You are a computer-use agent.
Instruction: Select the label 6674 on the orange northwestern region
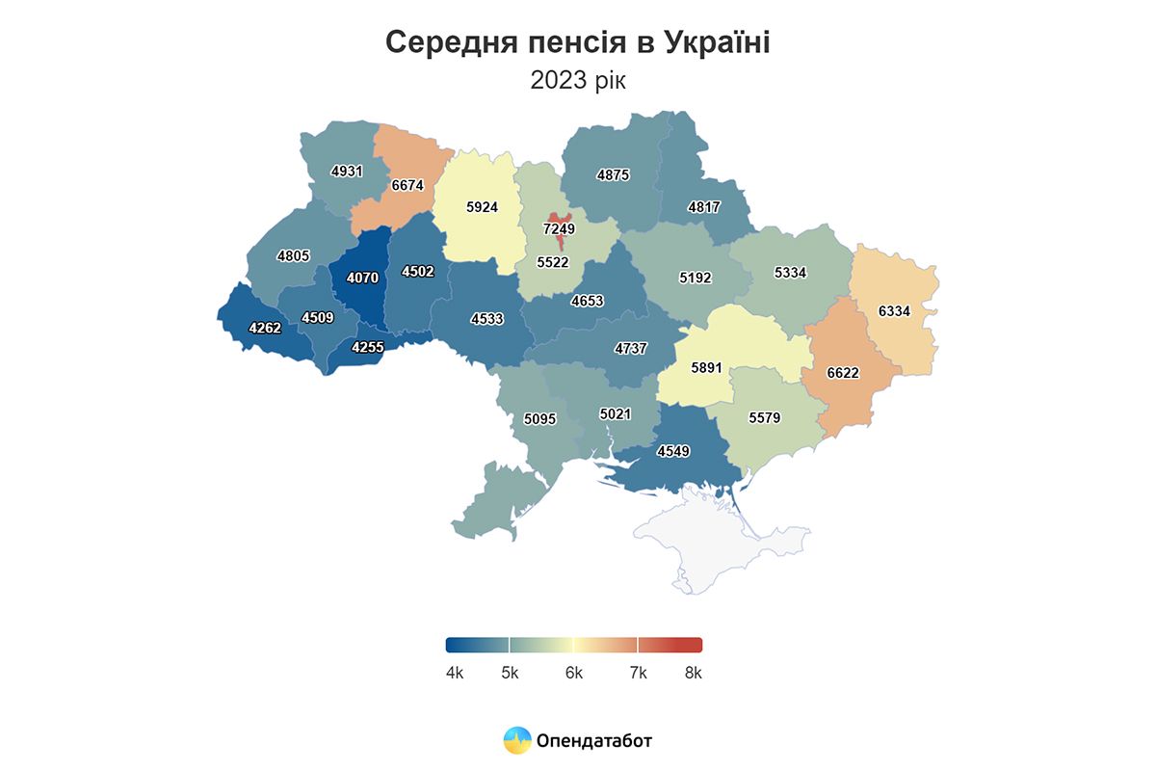pyautogui.click(x=407, y=184)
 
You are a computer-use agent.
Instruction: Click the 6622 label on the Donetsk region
pyautogui.click(x=843, y=373)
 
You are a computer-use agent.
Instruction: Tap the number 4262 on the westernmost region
pyautogui.click(x=265, y=328)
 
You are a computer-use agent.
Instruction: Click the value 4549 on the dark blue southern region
pyautogui.click(x=673, y=450)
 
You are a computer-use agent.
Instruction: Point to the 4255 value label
pyautogui.click(x=369, y=348)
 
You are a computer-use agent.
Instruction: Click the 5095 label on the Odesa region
pyautogui.click(x=541, y=419)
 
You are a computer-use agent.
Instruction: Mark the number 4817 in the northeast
pyautogui.click(x=705, y=206)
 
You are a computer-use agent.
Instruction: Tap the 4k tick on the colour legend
pyautogui.click(x=455, y=673)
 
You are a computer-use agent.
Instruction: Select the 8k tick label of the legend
pyautogui.click(x=693, y=673)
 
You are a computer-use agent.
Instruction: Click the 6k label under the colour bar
pyautogui.click(x=574, y=673)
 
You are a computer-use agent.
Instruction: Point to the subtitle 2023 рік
pyautogui.click(x=577, y=80)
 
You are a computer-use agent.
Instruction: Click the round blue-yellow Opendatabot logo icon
pyautogui.click(x=517, y=740)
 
